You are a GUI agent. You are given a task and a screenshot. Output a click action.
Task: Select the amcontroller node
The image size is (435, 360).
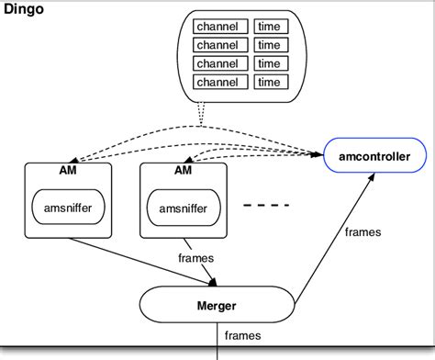coord(375,155)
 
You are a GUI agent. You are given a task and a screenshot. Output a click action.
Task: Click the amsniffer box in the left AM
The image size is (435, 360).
coord(69,208)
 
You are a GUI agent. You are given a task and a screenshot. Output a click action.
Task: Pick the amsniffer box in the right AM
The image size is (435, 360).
coord(182,208)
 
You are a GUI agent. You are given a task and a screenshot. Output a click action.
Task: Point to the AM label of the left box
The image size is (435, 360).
coord(69,171)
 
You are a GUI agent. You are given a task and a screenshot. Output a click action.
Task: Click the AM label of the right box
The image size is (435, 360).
coord(182,171)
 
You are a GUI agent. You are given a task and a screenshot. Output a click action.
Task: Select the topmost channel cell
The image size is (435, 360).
coord(217,26)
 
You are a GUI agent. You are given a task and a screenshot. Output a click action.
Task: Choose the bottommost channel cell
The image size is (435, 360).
coord(217,83)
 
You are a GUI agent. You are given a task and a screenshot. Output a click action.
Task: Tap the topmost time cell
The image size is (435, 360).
coord(269,26)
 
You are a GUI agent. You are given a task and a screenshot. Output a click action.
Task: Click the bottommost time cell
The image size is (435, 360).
coord(269,83)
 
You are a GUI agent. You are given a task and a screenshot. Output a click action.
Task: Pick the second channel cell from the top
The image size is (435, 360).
coord(217,45)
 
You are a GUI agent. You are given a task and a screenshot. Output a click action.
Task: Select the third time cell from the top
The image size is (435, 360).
coord(269,64)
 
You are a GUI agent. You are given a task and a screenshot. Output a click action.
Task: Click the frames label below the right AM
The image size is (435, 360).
coord(196,258)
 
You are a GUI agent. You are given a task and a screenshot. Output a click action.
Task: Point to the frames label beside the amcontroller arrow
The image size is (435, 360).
coord(362,231)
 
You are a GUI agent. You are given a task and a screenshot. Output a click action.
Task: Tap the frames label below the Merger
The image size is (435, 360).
coord(242,337)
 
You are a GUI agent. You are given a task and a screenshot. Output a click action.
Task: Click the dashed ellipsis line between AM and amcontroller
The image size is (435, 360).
coord(266,205)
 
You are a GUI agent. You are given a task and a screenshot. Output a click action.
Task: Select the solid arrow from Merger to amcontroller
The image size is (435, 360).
coord(335,234)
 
